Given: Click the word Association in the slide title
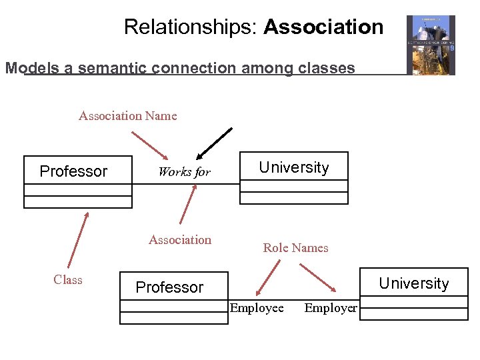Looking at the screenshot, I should click(323, 27).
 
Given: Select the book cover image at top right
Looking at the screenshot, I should click(431, 45).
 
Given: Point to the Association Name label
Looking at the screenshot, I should click(128, 116).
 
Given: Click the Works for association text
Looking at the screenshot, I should click(184, 172).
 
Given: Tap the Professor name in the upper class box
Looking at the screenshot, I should click(73, 171).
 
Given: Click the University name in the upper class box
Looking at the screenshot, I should click(294, 167).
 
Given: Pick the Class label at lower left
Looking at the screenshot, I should click(68, 280).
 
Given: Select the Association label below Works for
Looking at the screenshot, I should click(180, 240).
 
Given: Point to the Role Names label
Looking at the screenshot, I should click(295, 248).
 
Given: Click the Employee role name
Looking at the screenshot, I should click(257, 308).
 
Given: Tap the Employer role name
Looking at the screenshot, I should click(331, 308).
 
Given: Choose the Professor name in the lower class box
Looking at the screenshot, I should click(169, 287).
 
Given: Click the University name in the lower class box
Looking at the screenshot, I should click(414, 283).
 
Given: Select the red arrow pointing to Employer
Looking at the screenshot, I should click(318, 277).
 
